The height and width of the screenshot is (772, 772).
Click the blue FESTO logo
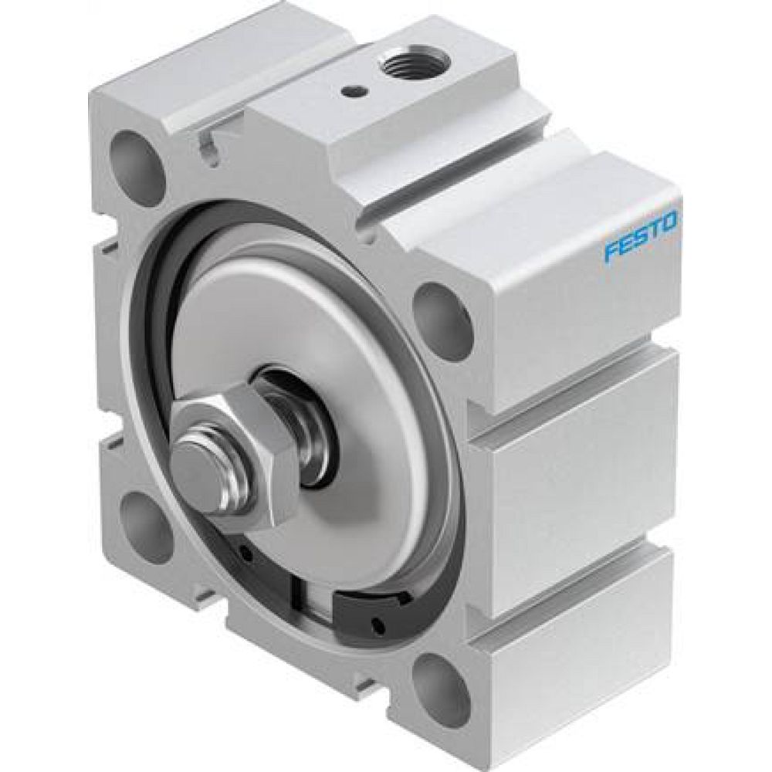(641, 237)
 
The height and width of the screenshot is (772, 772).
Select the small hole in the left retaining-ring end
(245, 553)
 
